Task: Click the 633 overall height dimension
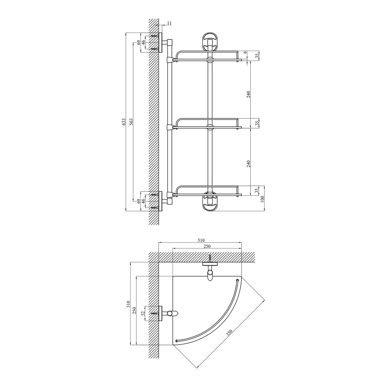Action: (x=124, y=122)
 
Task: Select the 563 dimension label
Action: (x=131, y=122)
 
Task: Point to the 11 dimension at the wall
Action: (x=169, y=23)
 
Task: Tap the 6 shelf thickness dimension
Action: (x=245, y=53)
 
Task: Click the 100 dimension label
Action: (x=262, y=199)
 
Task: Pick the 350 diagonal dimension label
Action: (x=229, y=334)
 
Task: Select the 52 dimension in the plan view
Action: (x=143, y=314)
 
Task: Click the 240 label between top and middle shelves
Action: (x=248, y=94)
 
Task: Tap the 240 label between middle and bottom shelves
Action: (x=248, y=164)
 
